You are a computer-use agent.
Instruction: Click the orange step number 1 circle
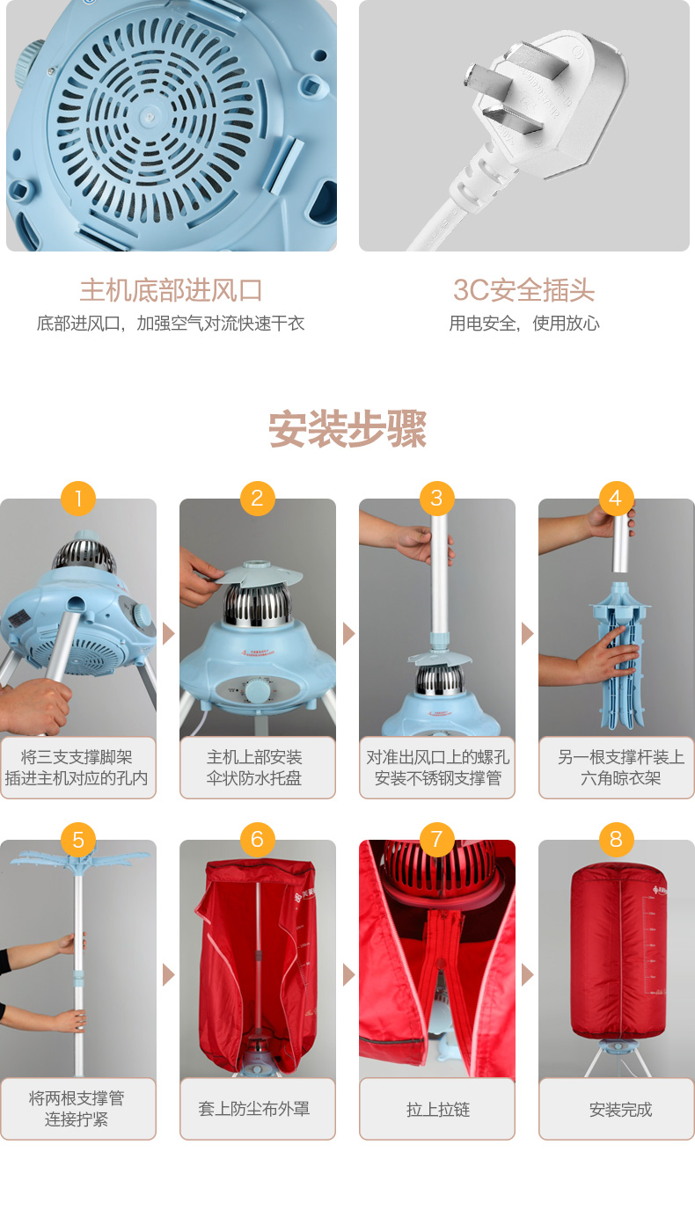tap(78, 499)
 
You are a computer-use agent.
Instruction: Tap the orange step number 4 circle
tap(616, 499)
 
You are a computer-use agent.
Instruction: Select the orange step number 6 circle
tap(258, 840)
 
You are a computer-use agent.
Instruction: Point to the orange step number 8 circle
tap(616, 840)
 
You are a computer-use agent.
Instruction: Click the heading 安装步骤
tap(347, 429)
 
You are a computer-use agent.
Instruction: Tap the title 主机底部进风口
tap(172, 290)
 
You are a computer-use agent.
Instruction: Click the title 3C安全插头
tap(523, 290)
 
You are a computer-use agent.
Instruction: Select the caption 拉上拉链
tap(438, 1110)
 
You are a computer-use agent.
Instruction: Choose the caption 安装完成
tap(620, 1110)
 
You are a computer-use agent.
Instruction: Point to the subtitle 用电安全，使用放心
tap(523, 324)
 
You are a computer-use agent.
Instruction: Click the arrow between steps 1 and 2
tap(168, 633)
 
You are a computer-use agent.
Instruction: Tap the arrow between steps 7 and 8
tap(527, 974)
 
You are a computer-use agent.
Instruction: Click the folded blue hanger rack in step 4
tap(619, 655)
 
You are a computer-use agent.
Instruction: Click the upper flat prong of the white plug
tap(516, 66)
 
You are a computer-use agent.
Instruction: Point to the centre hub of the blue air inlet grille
tap(149, 116)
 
